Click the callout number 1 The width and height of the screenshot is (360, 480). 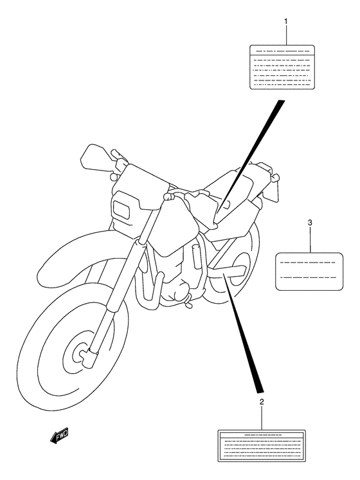click(286, 21)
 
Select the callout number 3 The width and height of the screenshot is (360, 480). click(310, 223)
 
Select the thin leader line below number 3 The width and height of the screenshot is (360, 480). click(310, 239)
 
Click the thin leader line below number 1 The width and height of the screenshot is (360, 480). click(286, 35)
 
